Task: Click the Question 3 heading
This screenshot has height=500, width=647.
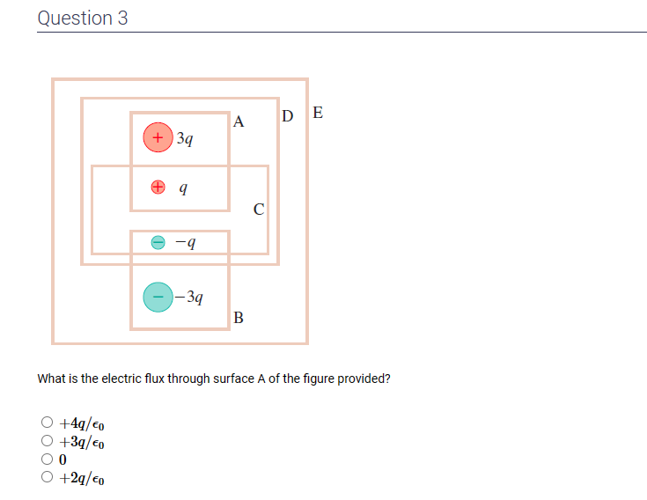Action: [83, 18]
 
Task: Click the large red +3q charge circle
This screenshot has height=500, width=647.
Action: [158, 137]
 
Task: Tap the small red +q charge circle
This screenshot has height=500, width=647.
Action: [158, 187]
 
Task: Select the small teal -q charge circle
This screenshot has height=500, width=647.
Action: [158, 241]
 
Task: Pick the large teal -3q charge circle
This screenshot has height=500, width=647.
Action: [158, 297]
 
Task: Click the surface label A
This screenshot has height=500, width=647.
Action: [239, 122]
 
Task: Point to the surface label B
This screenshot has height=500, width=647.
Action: [239, 318]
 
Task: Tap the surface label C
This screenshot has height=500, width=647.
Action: [258, 210]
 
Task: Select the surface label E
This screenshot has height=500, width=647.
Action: [317, 113]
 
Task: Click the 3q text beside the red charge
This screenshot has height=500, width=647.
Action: [185, 138]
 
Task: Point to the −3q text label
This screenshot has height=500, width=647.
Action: [190, 297]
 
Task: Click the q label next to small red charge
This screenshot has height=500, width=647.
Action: [182, 187]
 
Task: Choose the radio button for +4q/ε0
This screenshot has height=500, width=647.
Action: [47, 423]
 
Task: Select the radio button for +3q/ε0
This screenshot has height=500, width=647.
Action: [47, 441]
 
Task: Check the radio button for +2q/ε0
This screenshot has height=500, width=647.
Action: [47, 477]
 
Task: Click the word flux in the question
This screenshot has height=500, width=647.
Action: [143, 379]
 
